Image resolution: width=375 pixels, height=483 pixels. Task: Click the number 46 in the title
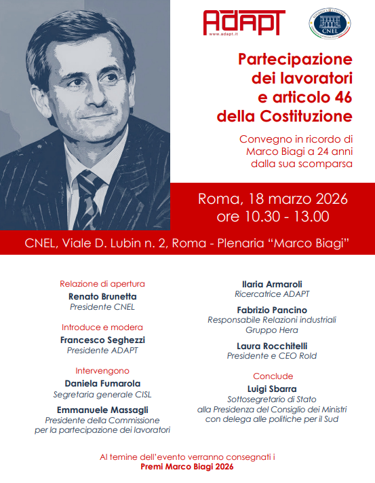coord(335,94)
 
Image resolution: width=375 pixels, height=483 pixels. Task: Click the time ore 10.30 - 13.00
coord(273,217)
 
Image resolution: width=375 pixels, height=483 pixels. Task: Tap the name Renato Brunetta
coord(102,297)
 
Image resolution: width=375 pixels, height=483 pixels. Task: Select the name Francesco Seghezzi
coord(102,340)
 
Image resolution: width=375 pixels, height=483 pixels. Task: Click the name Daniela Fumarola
coord(102,384)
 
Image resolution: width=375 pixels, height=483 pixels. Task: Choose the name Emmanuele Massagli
coord(102,410)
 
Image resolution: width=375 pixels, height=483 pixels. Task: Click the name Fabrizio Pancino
coord(273,309)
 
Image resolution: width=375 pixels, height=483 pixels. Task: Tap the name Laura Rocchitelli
coord(273,345)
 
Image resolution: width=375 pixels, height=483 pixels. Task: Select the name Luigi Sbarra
coord(273,389)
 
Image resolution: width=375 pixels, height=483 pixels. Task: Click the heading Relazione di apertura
coord(102,284)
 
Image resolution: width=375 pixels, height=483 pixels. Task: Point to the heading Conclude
coord(273,376)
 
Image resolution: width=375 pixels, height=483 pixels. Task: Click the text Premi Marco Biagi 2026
coord(187,468)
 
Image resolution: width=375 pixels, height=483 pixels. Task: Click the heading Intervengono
coord(102,372)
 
